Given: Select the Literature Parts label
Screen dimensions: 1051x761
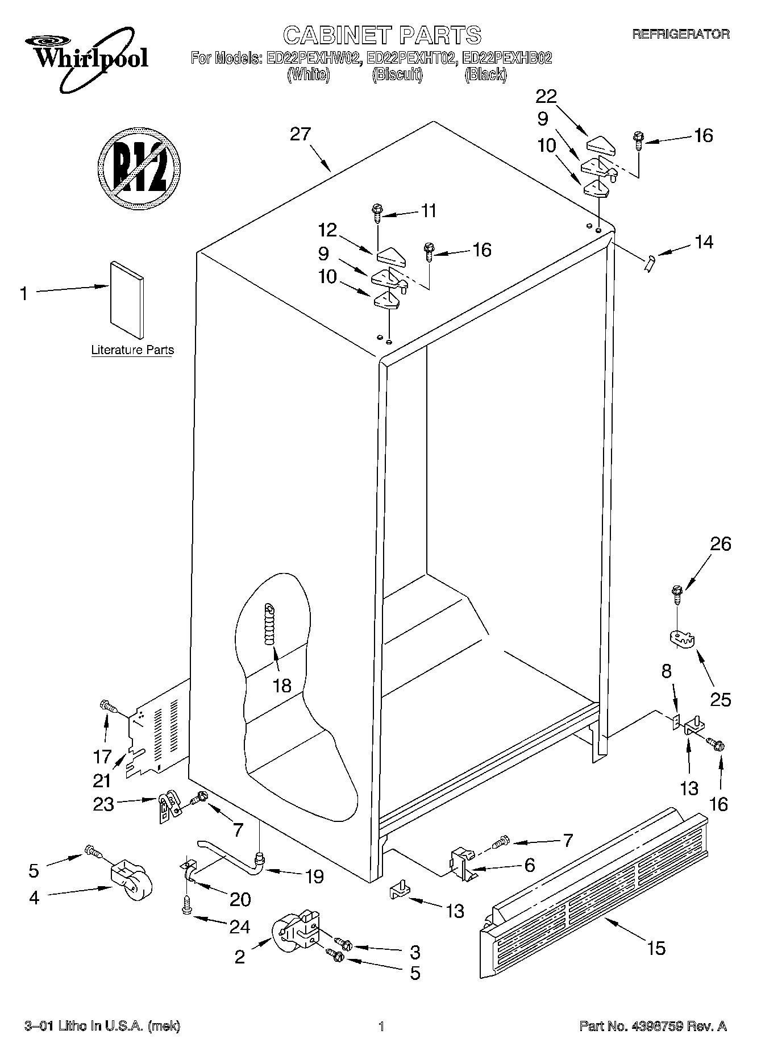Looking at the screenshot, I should pyautogui.click(x=132, y=350).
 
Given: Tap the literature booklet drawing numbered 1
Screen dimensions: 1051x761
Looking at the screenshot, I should pyautogui.click(x=127, y=300).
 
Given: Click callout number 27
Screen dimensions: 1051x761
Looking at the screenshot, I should pyautogui.click(x=301, y=134).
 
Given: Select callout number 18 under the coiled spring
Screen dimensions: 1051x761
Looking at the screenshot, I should pyautogui.click(x=282, y=686).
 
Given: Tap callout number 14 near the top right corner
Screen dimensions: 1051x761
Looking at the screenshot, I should pyautogui.click(x=704, y=242).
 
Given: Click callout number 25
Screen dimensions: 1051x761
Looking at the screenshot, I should pyautogui.click(x=721, y=700).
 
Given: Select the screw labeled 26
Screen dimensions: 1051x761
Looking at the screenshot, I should pyautogui.click(x=677, y=595).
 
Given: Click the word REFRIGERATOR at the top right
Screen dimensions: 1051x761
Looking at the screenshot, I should pyautogui.click(x=681, y=35).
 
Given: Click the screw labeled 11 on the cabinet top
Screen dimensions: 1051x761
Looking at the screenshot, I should pyautogui.click(x=377, y=212).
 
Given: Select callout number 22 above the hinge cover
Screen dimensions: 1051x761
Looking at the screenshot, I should pyautogui.click(x=546, y=96).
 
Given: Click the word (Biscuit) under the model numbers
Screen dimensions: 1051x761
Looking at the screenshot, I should pyautogui.click(x=397, y=74).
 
